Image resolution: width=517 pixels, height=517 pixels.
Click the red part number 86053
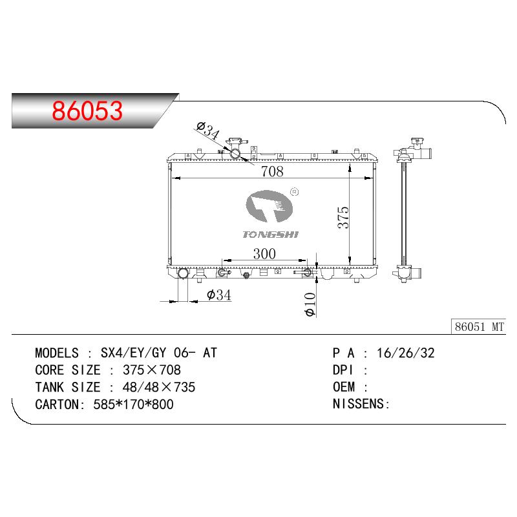pyautogui.click(x=87, y=111)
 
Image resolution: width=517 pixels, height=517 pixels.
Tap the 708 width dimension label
pyautogui.click(x=272, y=171)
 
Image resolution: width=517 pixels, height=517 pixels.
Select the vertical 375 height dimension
pyautogui.click(x=343, y=218)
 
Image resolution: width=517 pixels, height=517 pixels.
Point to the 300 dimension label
pyautogui.click(x=264, y=254)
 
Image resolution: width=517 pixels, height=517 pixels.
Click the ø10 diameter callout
pyautogui.click(x=310, y=304)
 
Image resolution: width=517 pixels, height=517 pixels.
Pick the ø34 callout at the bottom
pyautogui.click(x=219, y=295)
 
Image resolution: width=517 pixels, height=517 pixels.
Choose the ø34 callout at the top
pyautogui.click(x=207, y=131)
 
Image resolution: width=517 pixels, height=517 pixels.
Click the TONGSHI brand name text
pyautogui.click(x=270, y=235)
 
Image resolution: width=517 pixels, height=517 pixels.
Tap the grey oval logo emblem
pyautogui.click(x=269, y=206)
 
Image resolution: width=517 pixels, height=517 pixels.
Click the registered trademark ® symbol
pyautogui.click(x=294, y=192)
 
